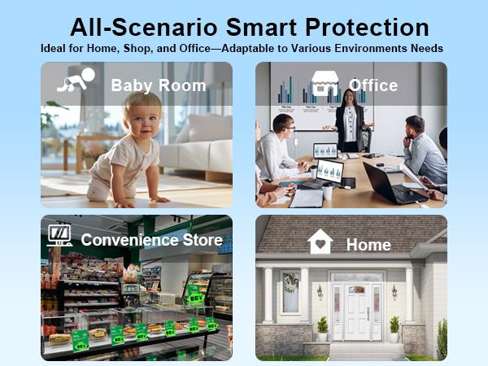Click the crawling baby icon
tap(76, 80)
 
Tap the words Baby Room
tap(158, 85)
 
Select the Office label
tap(373, 85)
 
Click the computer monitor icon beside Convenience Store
tap(59, 237)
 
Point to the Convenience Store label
tap(151, 240)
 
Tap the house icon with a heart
tap(320, 242)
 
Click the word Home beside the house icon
tap(368, 244)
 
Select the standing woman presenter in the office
tap(351, 122)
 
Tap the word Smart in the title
tap(262, 26)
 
